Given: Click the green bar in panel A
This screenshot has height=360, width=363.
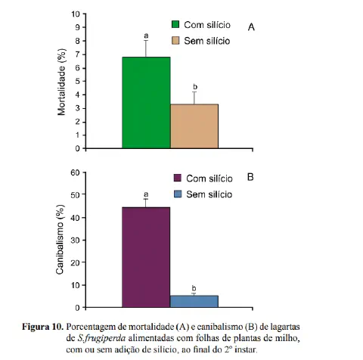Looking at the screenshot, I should [146, 102].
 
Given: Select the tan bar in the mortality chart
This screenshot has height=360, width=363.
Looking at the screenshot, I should [194, 126].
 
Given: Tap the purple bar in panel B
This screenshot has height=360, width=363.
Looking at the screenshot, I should [146, 257].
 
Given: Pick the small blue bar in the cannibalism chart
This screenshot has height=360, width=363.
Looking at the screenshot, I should [194, 301].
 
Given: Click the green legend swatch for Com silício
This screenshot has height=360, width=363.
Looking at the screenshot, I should [176, 24].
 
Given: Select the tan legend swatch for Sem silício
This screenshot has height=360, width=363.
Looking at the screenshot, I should [176, 39].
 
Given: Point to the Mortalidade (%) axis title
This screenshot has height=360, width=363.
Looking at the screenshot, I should [63, 82].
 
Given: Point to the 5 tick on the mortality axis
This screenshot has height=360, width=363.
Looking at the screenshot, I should [79, 82].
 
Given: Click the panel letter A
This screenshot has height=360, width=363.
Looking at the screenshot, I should [251, 27].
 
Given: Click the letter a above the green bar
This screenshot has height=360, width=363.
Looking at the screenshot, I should [145, 35].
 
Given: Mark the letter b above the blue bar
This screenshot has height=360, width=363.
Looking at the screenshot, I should [194, 288].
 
